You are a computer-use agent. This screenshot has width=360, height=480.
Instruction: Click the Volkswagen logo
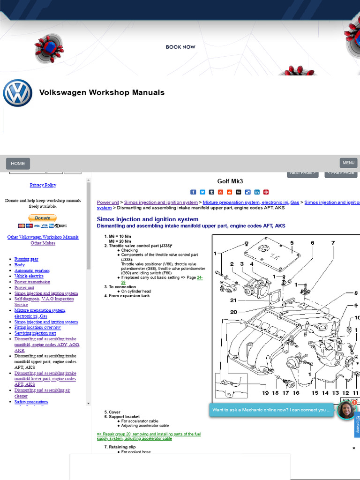click(17, 93)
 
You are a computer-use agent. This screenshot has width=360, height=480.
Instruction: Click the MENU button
click(348, 163)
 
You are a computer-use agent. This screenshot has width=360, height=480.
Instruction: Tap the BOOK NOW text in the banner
click(180, 47)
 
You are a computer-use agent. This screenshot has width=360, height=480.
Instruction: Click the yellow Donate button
click(42, 218)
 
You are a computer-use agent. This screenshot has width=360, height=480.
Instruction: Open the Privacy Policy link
click(43, 185)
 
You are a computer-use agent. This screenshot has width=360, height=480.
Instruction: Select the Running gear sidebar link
click(26, 259)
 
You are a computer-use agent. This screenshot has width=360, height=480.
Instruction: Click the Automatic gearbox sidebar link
click(32, 271)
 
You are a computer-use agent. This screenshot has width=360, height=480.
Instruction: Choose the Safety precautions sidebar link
click(31, 402)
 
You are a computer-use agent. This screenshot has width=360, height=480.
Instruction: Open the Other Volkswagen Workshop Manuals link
click(43, 237)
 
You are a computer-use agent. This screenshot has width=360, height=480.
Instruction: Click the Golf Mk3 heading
click(230, 181)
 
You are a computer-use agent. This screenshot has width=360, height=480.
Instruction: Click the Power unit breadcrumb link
click(108, 202)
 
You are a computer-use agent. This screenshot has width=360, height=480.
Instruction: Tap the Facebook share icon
click(193, 192)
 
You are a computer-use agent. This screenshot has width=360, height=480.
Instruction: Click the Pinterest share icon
click(266, 192)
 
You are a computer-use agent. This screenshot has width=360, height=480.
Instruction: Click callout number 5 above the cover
click(292, 243)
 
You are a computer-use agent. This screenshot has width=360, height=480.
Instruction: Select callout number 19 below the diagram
click(265, 393)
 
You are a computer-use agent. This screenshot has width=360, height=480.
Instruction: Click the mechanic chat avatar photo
click(346, 410)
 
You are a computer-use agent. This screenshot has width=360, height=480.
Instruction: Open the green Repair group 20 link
click(149, 436)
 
